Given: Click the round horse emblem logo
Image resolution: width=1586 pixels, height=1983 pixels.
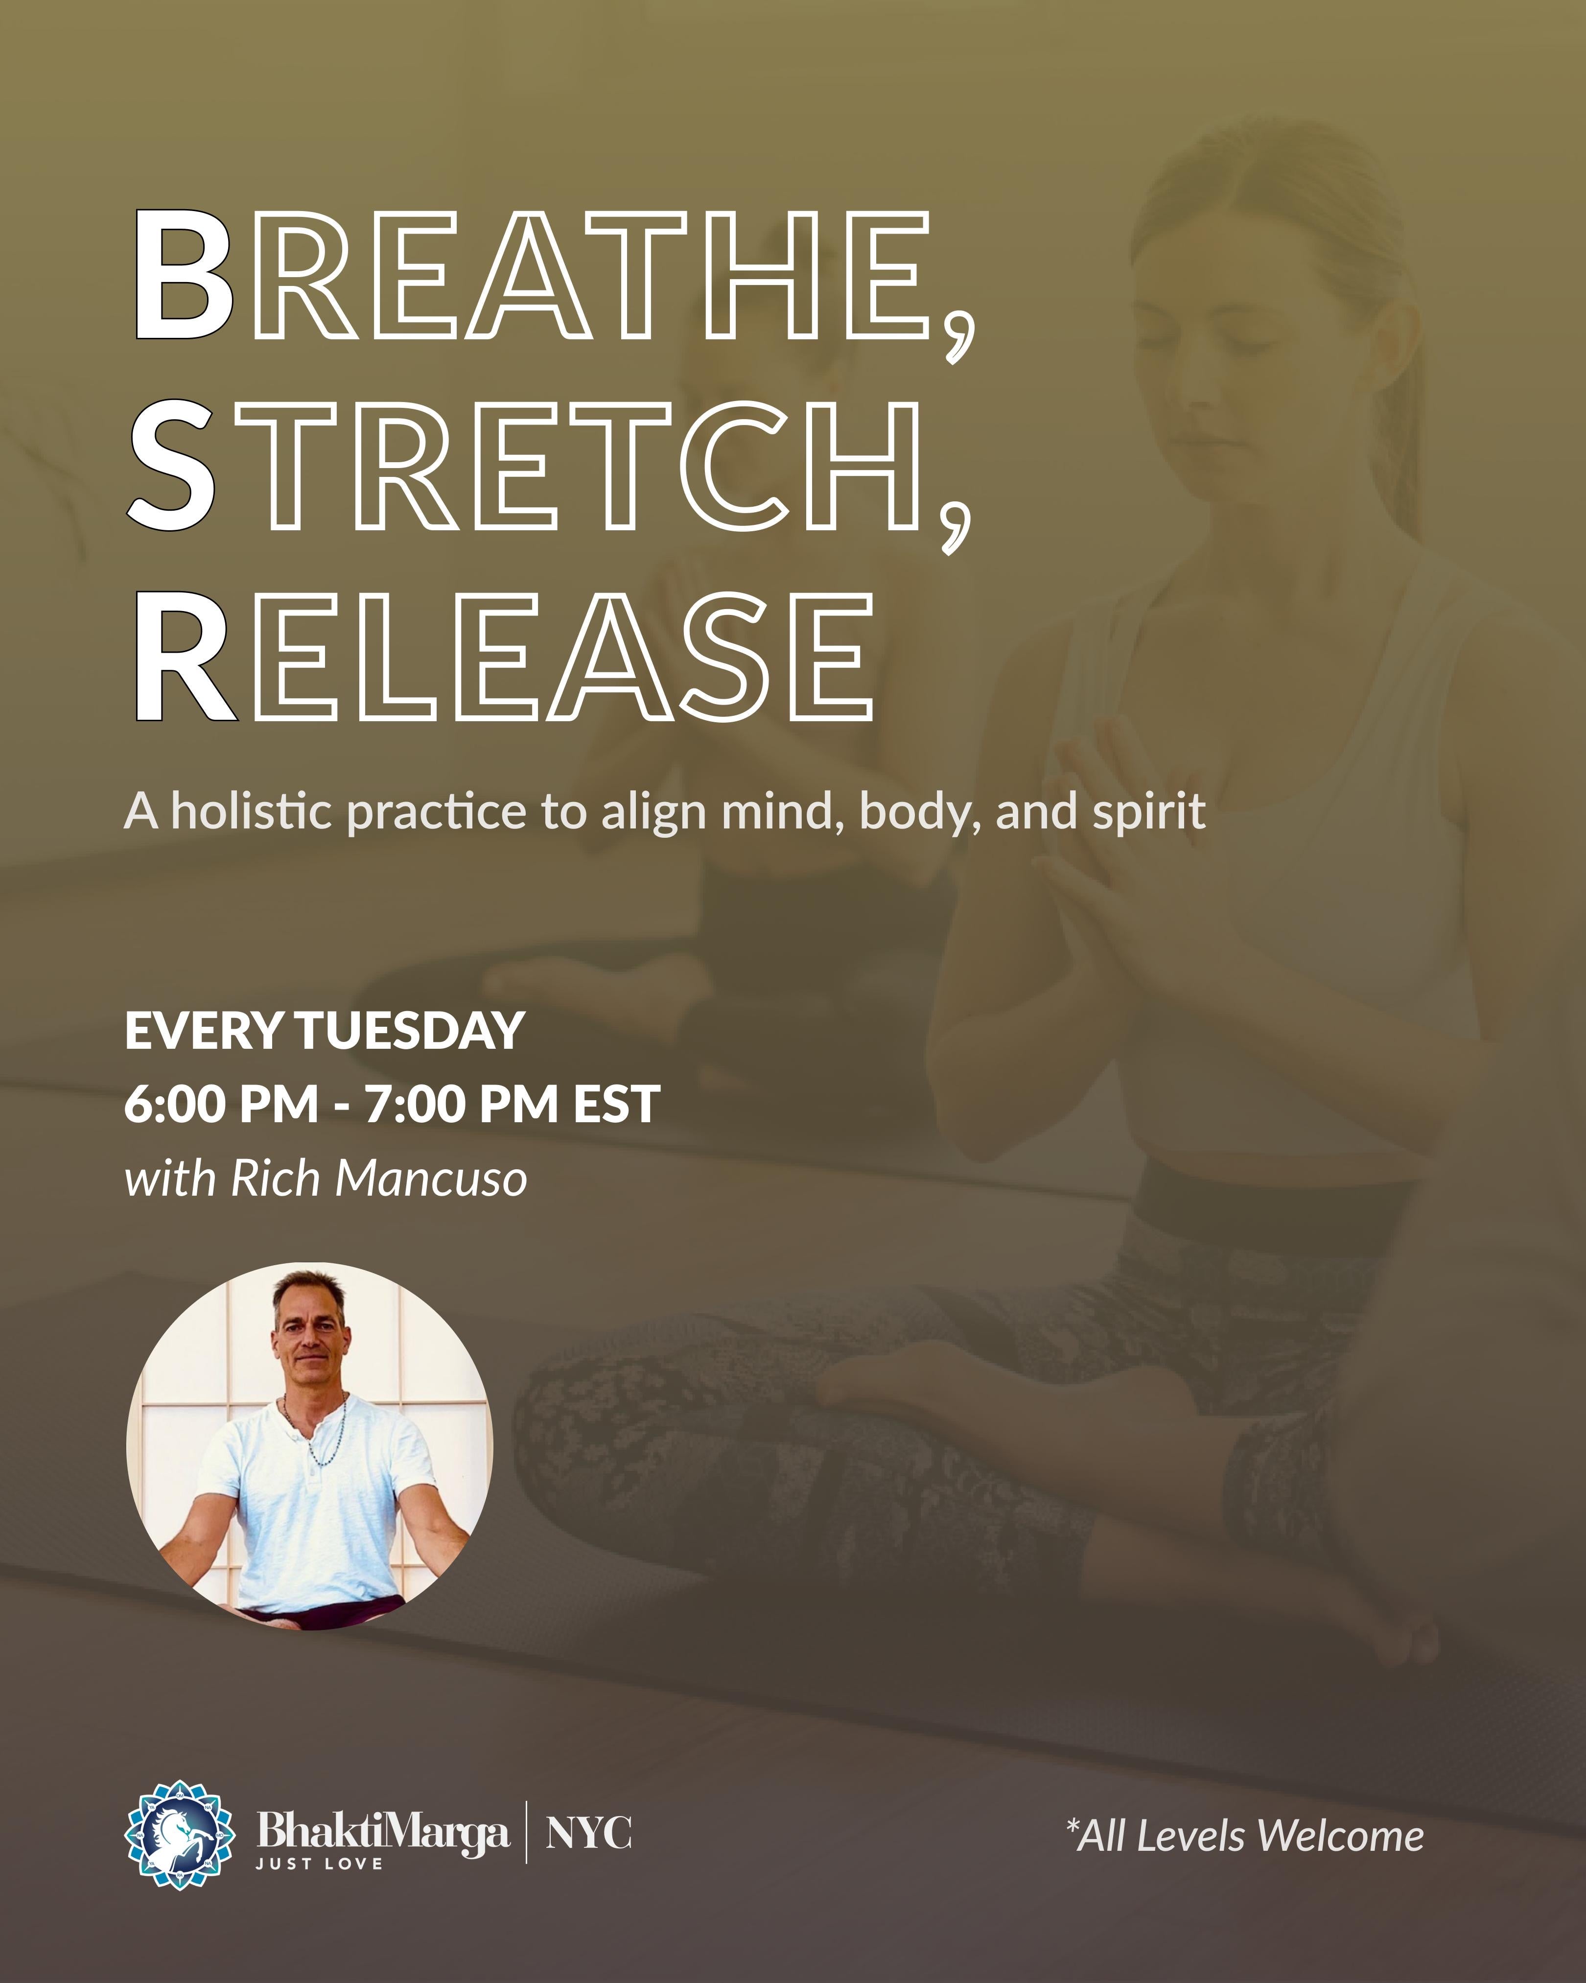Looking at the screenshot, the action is tap(179, 1835).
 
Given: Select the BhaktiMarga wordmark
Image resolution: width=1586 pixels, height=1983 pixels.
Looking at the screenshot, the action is tap(382, 1830).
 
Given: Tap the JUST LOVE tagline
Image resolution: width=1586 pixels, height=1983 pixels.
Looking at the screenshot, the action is tap(319, 1864).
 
